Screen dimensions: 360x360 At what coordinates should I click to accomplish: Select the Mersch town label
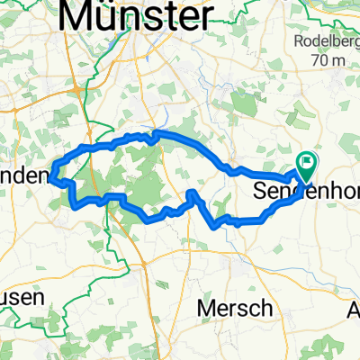pyautogui.click(x=236, y=308)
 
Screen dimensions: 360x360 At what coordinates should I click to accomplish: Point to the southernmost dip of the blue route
pyautogui.click(x=214, y=227)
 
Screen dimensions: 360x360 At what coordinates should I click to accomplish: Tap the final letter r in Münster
pyautogui.click(x=208, y=15)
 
